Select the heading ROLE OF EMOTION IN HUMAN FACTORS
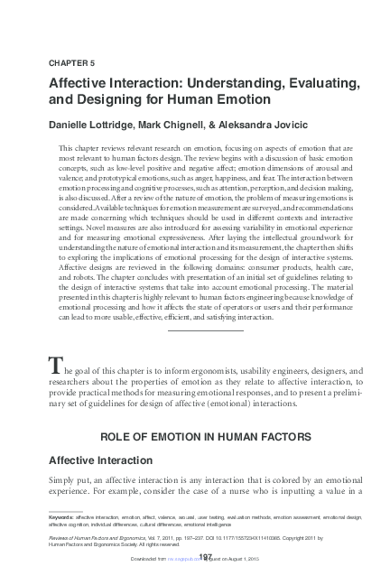click(x=206, y=437)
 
